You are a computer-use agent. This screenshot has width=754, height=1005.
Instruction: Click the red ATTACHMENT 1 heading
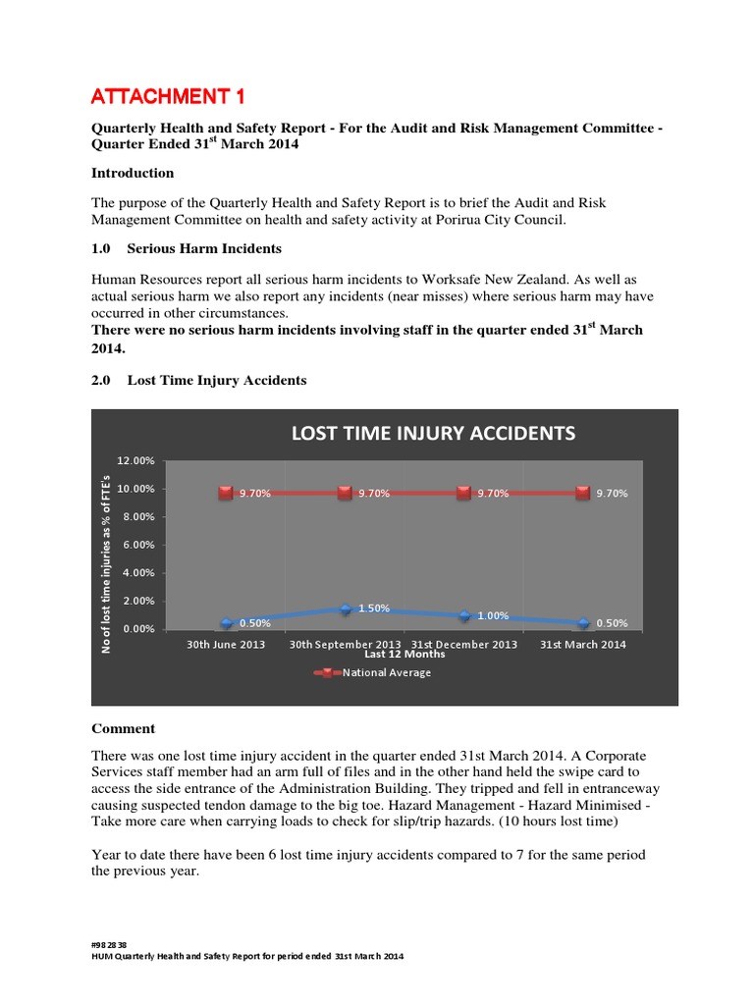(x=168, y=95)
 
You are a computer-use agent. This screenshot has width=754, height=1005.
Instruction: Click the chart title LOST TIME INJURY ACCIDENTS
(x=432, y=433)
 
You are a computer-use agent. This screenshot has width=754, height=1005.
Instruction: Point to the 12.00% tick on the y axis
(x=135, y=460)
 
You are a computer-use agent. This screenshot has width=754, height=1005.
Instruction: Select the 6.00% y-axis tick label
(x=137, y=545)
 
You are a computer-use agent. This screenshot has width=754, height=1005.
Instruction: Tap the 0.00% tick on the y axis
(x=137, y=629)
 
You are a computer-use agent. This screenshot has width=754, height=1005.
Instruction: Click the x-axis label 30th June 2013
(x=226, y=645)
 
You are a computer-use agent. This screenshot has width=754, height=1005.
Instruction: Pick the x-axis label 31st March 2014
(x=583, y=645)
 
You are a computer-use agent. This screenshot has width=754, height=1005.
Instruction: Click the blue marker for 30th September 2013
(x=346, y=609)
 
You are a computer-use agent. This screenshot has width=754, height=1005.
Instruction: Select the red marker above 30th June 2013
(x=226, y=493)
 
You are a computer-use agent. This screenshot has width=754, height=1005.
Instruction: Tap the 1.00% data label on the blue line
(x=493, y=616)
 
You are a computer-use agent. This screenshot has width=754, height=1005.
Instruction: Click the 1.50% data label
(x=374, y=608)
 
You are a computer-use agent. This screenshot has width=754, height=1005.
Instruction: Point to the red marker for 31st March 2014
(x=583, y=493)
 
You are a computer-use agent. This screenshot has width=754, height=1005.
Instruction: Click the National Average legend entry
(x=386, y=673)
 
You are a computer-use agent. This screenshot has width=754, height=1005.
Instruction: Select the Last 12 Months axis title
(x=404, y=655)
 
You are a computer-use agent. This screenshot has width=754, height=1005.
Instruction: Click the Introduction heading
(x=133, y=173)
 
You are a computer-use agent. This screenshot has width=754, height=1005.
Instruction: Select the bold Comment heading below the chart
(x=123, y=729)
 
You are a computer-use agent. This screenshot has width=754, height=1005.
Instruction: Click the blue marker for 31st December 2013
(x=464, y=615)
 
